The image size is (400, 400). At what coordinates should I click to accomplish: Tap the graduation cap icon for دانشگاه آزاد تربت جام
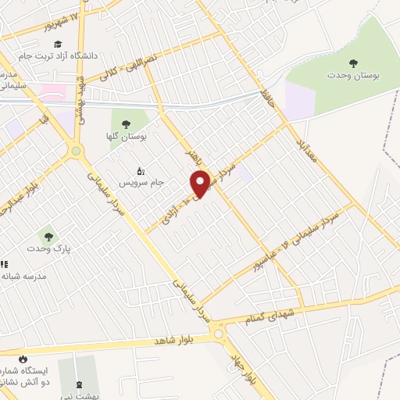pos(59,44)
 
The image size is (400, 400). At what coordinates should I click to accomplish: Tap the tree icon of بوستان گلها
pos(125,123)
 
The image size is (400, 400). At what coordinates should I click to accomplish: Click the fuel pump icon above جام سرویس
pos(141,170)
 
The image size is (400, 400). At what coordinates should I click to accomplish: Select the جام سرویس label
pos(141,183)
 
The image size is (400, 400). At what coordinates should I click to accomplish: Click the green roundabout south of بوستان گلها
pos(76,151)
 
